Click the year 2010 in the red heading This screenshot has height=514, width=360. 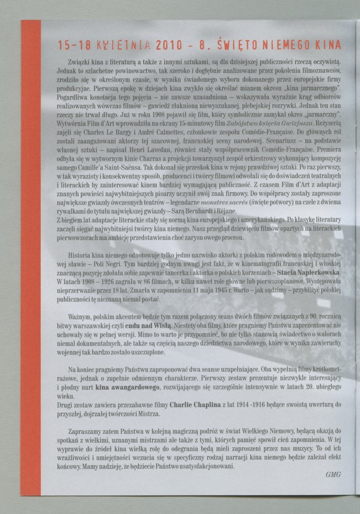tap(159, 45)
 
